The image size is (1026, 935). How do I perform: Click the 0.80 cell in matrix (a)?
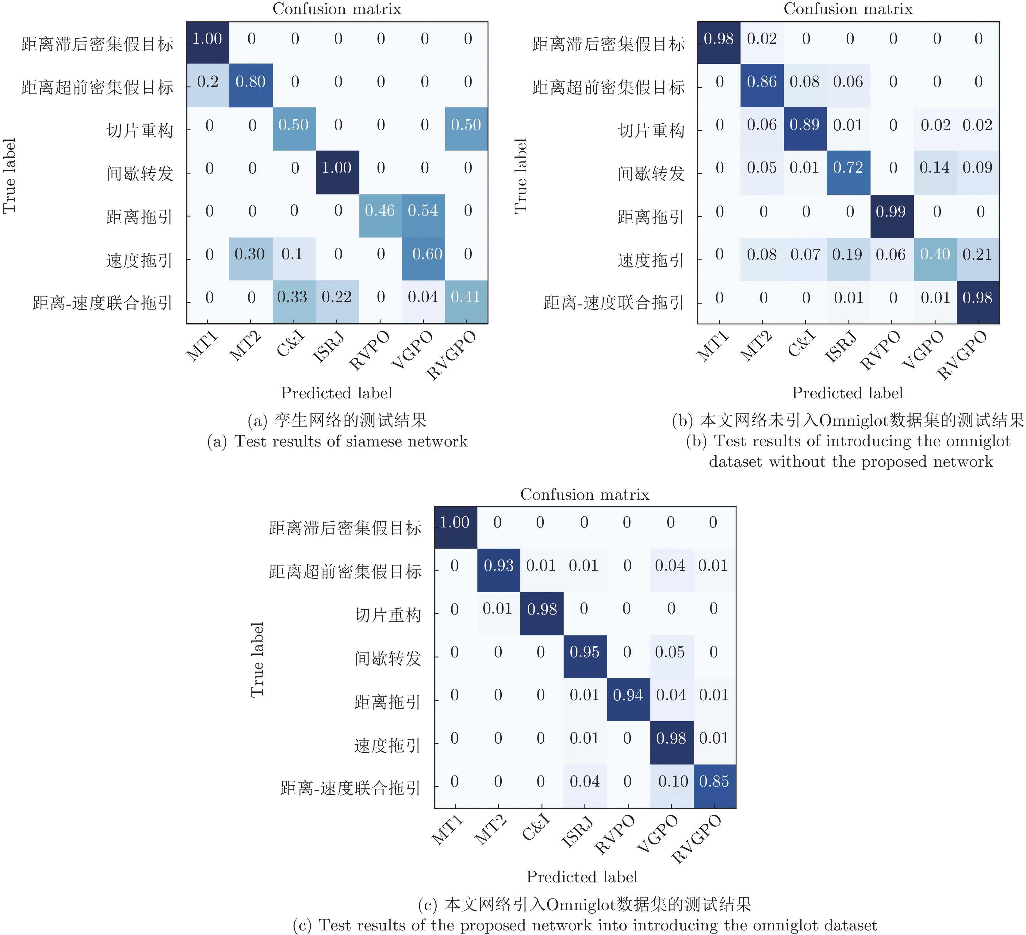click(x=251, y=82)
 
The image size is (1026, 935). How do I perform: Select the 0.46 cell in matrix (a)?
click(x=380, y=211)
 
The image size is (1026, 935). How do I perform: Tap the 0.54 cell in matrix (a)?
click(x=423, y=211)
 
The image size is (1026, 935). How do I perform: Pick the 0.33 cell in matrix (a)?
click(x=293, y=297)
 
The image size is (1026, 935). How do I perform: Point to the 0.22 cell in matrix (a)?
click(x=336, y=297)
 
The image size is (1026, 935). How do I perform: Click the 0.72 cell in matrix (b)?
click(x=848, y=168)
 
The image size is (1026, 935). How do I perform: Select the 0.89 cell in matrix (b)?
click(x=805, y=125)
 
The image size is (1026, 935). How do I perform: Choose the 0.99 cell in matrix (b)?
click(x=891, y=212)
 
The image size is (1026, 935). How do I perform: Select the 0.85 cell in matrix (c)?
click(x=714, y=781)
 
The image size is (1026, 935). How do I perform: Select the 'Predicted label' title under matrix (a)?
click(x=336, y=393)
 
